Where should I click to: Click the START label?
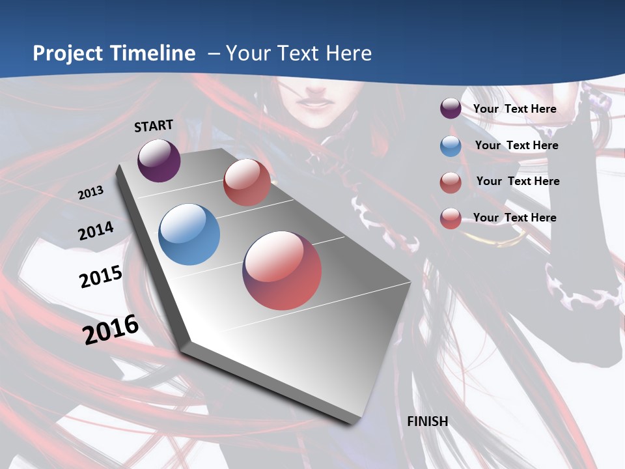154,126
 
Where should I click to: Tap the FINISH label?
428,421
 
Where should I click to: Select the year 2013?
90,193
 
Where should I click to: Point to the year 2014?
96,231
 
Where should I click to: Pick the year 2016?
111,330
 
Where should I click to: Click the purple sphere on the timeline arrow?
159,160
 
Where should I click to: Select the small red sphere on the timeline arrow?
247,182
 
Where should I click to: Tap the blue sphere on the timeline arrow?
189,234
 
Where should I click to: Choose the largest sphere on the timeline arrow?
282,270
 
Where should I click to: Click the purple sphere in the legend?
451,109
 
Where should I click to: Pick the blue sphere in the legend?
451,146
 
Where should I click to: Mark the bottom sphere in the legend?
451,218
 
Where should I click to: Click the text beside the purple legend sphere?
514,109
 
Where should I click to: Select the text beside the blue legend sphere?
516,145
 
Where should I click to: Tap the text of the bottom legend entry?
514,218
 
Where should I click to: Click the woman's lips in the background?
311,102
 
